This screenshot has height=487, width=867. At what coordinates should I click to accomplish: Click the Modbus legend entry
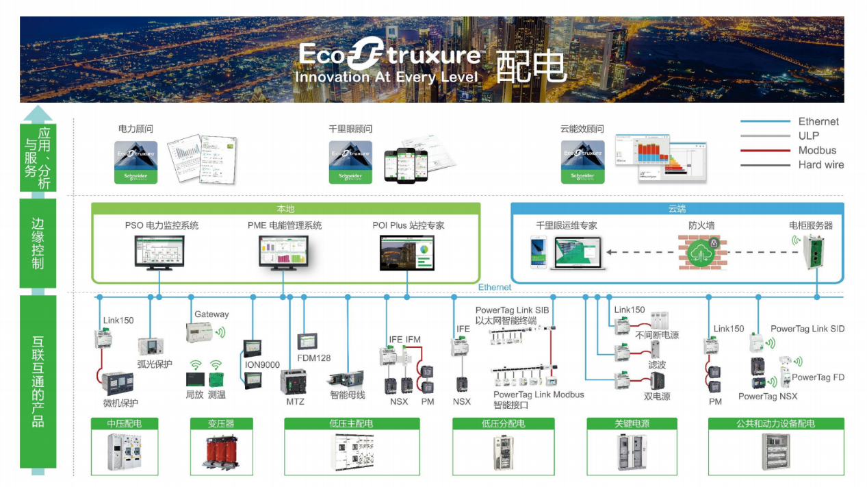pos(817,151)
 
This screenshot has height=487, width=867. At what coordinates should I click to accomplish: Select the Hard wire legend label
pos(820,165)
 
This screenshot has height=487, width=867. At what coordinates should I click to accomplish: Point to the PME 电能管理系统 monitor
pos(283,251)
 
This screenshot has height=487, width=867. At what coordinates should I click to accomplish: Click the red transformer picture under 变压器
pos(221,451)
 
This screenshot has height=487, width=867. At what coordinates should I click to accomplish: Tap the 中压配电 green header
pos(125,424)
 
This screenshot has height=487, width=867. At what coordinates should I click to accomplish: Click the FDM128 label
pos(314,358)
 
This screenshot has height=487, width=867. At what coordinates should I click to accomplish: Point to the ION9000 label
pos(262,365)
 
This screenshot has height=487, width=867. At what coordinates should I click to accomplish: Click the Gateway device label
pos(211,314)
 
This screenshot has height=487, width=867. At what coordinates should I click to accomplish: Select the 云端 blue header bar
pos(677,209)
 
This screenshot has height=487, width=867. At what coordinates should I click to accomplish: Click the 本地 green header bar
pos(285,209)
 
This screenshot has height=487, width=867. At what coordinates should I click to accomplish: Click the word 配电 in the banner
pos(531,66)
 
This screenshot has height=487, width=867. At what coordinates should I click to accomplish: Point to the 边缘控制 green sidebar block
pos(38,243)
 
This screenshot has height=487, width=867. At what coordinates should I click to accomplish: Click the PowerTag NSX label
pos(768,396)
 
